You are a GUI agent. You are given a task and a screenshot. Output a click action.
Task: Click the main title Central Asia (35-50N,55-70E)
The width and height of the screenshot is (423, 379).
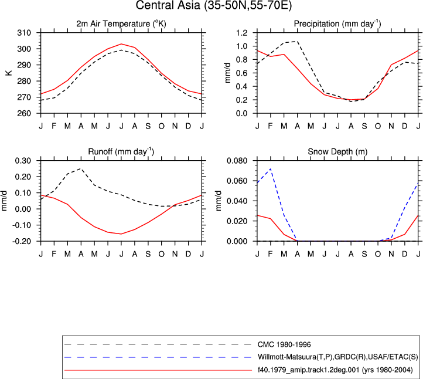tap(214, 5)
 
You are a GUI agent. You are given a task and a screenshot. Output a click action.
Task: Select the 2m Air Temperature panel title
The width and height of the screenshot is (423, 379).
tap(121, 24)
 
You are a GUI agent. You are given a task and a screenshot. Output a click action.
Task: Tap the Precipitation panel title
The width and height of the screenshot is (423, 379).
tap(337, 24)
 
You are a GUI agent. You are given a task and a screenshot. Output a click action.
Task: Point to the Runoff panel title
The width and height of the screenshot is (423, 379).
tap(121, 151)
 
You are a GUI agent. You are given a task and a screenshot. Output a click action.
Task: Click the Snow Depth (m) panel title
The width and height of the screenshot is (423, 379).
tap(337, 152)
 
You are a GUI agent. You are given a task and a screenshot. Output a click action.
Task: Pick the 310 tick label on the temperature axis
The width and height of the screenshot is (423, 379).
tap(24, 33)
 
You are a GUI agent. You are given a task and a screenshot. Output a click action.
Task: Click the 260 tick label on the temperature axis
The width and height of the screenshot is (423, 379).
tap(24, 113)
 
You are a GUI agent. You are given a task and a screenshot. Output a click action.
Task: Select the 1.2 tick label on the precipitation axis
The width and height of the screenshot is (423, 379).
tap(242, 33)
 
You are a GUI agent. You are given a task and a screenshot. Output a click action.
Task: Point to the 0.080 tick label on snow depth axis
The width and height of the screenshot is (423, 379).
tap(237, 161)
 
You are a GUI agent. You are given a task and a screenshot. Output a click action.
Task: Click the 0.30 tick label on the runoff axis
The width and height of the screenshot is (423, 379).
tap(23, 161)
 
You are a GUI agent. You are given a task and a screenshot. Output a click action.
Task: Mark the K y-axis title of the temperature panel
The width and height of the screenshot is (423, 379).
tap(9, 73)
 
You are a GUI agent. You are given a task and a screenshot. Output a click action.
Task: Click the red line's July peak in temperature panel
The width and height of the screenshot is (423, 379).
tap(121, 44)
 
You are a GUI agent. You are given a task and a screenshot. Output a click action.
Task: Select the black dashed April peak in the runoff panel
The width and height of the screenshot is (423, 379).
tap(81, 168)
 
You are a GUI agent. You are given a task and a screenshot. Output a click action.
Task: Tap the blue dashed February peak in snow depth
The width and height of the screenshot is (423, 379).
tap(270, 169)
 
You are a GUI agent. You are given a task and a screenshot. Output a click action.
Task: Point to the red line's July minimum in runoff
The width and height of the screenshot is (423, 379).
tap(121, 234)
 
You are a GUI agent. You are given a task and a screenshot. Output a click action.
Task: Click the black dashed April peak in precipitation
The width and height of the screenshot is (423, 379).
tap(297, 41)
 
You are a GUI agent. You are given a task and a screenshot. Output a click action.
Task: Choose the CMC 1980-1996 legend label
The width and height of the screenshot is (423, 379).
tap(284, 345)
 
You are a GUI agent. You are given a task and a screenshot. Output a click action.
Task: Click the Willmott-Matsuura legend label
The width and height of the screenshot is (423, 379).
tap(337, 357)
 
